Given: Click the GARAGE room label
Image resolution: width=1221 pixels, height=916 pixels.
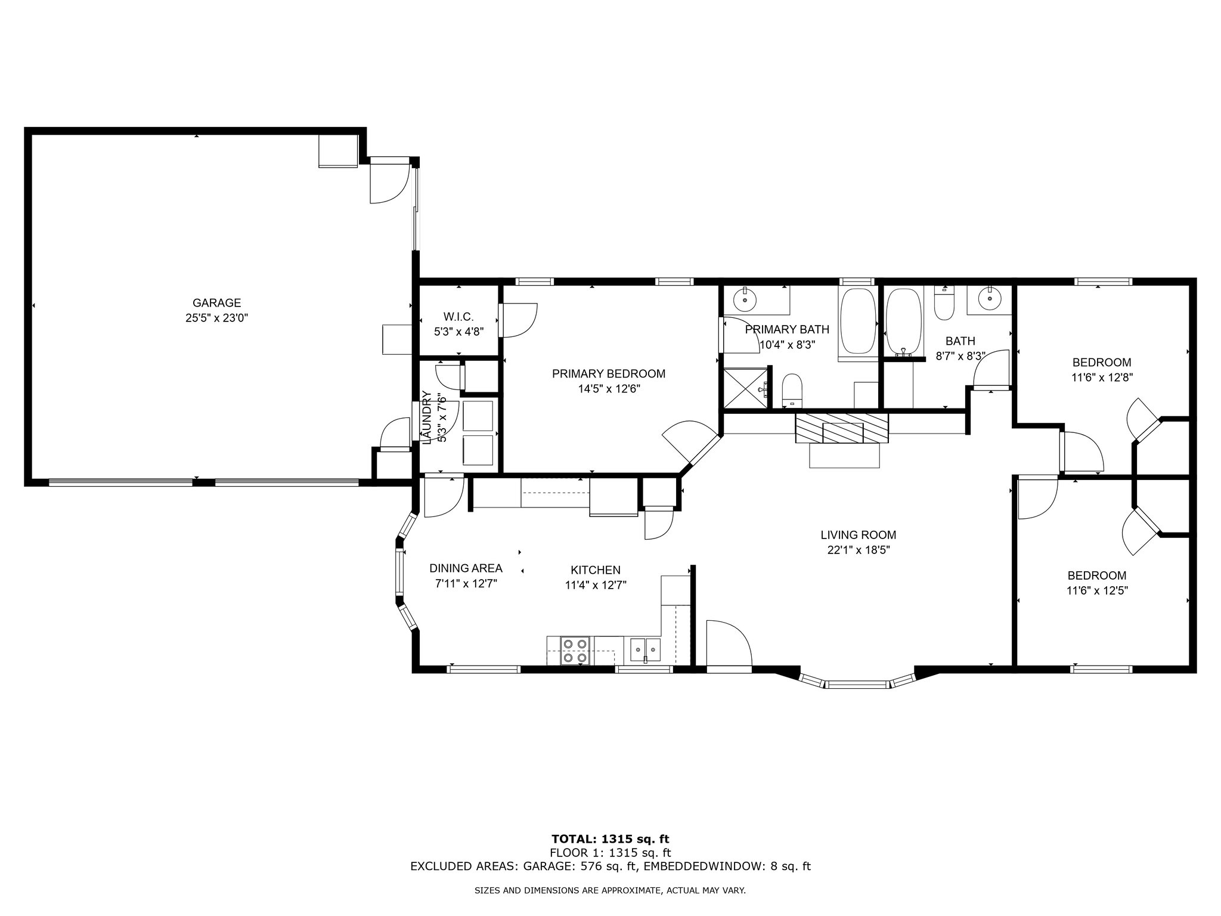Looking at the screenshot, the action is coord(216,303).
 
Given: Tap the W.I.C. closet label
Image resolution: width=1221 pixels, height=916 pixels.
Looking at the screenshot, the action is coord(458,317).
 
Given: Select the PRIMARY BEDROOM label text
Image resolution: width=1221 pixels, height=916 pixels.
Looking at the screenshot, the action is coord(609,374).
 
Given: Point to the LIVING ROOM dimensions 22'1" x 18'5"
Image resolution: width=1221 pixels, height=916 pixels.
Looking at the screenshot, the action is coord(859,550).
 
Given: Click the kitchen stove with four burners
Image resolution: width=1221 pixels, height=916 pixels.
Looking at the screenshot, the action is coord(576,651).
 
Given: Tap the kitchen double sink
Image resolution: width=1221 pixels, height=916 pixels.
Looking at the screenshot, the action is coord(645,649).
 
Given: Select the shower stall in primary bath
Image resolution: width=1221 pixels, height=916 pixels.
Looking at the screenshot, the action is coord(745,388).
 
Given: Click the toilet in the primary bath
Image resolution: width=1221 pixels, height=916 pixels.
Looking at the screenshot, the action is coord(792,389).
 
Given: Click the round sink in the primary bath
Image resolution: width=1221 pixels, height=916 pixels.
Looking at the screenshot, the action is coord(744,299).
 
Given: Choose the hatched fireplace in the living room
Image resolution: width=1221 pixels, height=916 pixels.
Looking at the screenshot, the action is coord(842,428).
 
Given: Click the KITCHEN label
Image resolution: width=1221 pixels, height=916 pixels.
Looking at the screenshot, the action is coord(596,570).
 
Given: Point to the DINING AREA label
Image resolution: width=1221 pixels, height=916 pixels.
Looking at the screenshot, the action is coord(466,568).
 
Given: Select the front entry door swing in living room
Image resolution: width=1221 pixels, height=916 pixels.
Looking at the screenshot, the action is coord(729,643).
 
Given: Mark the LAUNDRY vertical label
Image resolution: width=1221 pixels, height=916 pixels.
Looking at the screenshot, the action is coord(426,417).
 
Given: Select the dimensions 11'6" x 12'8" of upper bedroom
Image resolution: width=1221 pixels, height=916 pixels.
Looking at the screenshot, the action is coord(1102,377).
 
